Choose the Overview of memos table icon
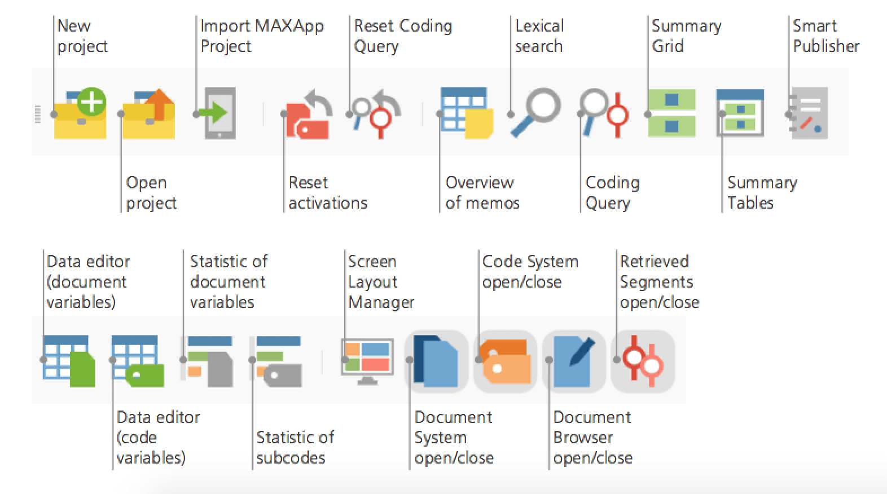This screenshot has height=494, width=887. click(467, 113)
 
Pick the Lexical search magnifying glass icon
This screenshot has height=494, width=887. click(535, 112)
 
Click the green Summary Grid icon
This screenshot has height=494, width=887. click(671, 113)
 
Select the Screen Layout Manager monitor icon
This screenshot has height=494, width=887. click(367, 361)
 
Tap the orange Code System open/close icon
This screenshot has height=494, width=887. click(505, 361)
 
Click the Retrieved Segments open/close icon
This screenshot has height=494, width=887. click(643, 361)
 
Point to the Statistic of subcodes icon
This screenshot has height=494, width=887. click(279, 361)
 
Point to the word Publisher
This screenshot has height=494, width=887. click(826, 46)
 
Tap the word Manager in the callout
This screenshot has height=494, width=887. click(381, 302)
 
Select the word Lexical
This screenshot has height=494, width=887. click(539, 26)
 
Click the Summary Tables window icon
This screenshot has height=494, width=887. click(740, 113)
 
